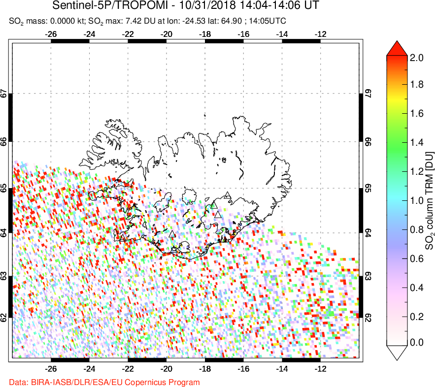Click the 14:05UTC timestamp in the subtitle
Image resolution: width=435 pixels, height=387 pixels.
tap(267, 21)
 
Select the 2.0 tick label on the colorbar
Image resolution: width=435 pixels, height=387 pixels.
tap(417, 58)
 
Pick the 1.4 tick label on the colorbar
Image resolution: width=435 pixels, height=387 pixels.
tap(417, 143)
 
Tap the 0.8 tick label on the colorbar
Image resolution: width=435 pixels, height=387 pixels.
tap(417, 228)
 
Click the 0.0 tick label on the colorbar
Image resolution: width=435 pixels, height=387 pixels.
tap(417, 342)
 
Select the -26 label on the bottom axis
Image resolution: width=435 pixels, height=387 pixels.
tap(51, 368)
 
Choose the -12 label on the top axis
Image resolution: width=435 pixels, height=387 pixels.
tap(321, 34)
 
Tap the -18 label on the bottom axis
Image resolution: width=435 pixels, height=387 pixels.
tap(205, 368)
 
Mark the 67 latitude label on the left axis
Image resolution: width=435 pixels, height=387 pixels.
tap(4, 93)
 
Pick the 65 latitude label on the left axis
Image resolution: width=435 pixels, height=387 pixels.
tap(4, 189)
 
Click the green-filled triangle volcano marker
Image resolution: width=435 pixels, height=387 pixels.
tap(214, 205)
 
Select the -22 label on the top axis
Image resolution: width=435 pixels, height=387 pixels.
tap(128, 34)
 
